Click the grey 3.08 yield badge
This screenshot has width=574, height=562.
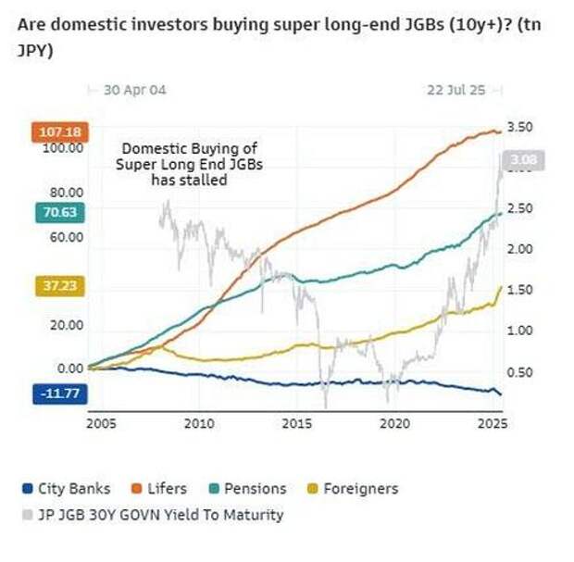[x=524, y=161]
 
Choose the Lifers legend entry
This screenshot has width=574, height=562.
[x=158, y=488]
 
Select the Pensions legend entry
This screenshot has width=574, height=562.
[x=247, y=488]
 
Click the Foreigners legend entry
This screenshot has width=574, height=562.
[x=353, y=488]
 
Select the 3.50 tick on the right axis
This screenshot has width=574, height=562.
[x=521, y=127]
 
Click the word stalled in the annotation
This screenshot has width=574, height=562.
[x=205, y=181]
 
